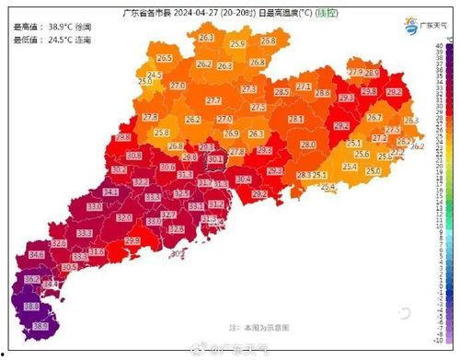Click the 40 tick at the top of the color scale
tap(440, 45)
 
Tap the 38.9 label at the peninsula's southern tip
tap(40, 326)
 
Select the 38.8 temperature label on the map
tap(30, 306)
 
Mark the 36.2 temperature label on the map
tap(32, 279)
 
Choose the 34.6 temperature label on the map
tap(37, 254)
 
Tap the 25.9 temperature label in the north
tap(237, 44)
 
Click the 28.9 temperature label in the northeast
tap(372, 73)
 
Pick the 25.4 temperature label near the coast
tap(328, 187)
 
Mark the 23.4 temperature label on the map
tap(350, 167)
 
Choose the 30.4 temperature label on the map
tap(244, 180)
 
